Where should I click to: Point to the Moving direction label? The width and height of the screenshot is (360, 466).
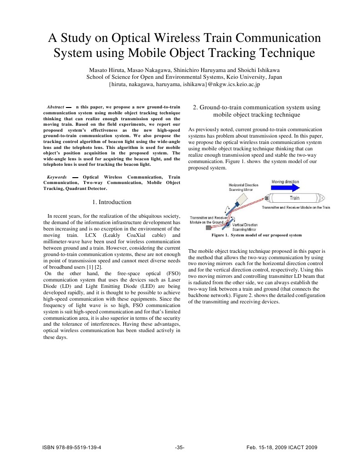(285, 182)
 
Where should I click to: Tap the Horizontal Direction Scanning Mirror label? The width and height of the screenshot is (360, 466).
(243, 187)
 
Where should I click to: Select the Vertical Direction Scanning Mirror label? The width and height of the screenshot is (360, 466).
(244, 227)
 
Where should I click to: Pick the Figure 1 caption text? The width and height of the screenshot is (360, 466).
(256, 236)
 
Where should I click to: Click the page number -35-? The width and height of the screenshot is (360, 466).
(180, 447)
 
